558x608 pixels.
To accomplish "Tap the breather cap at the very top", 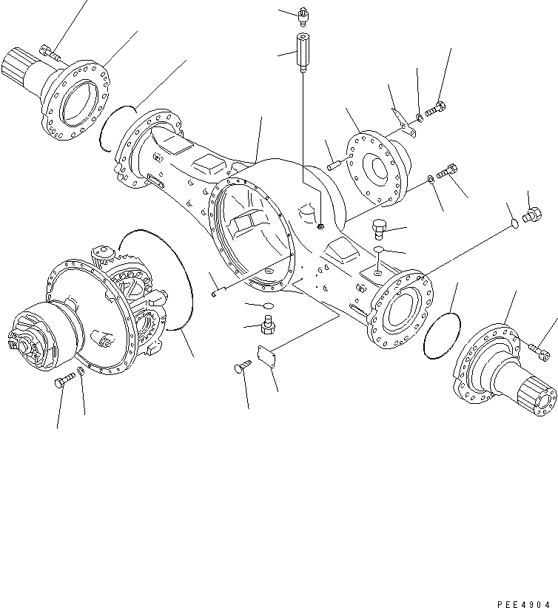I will click(x=303, y=14).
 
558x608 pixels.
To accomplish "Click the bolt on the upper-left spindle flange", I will click(x=50, y=51).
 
